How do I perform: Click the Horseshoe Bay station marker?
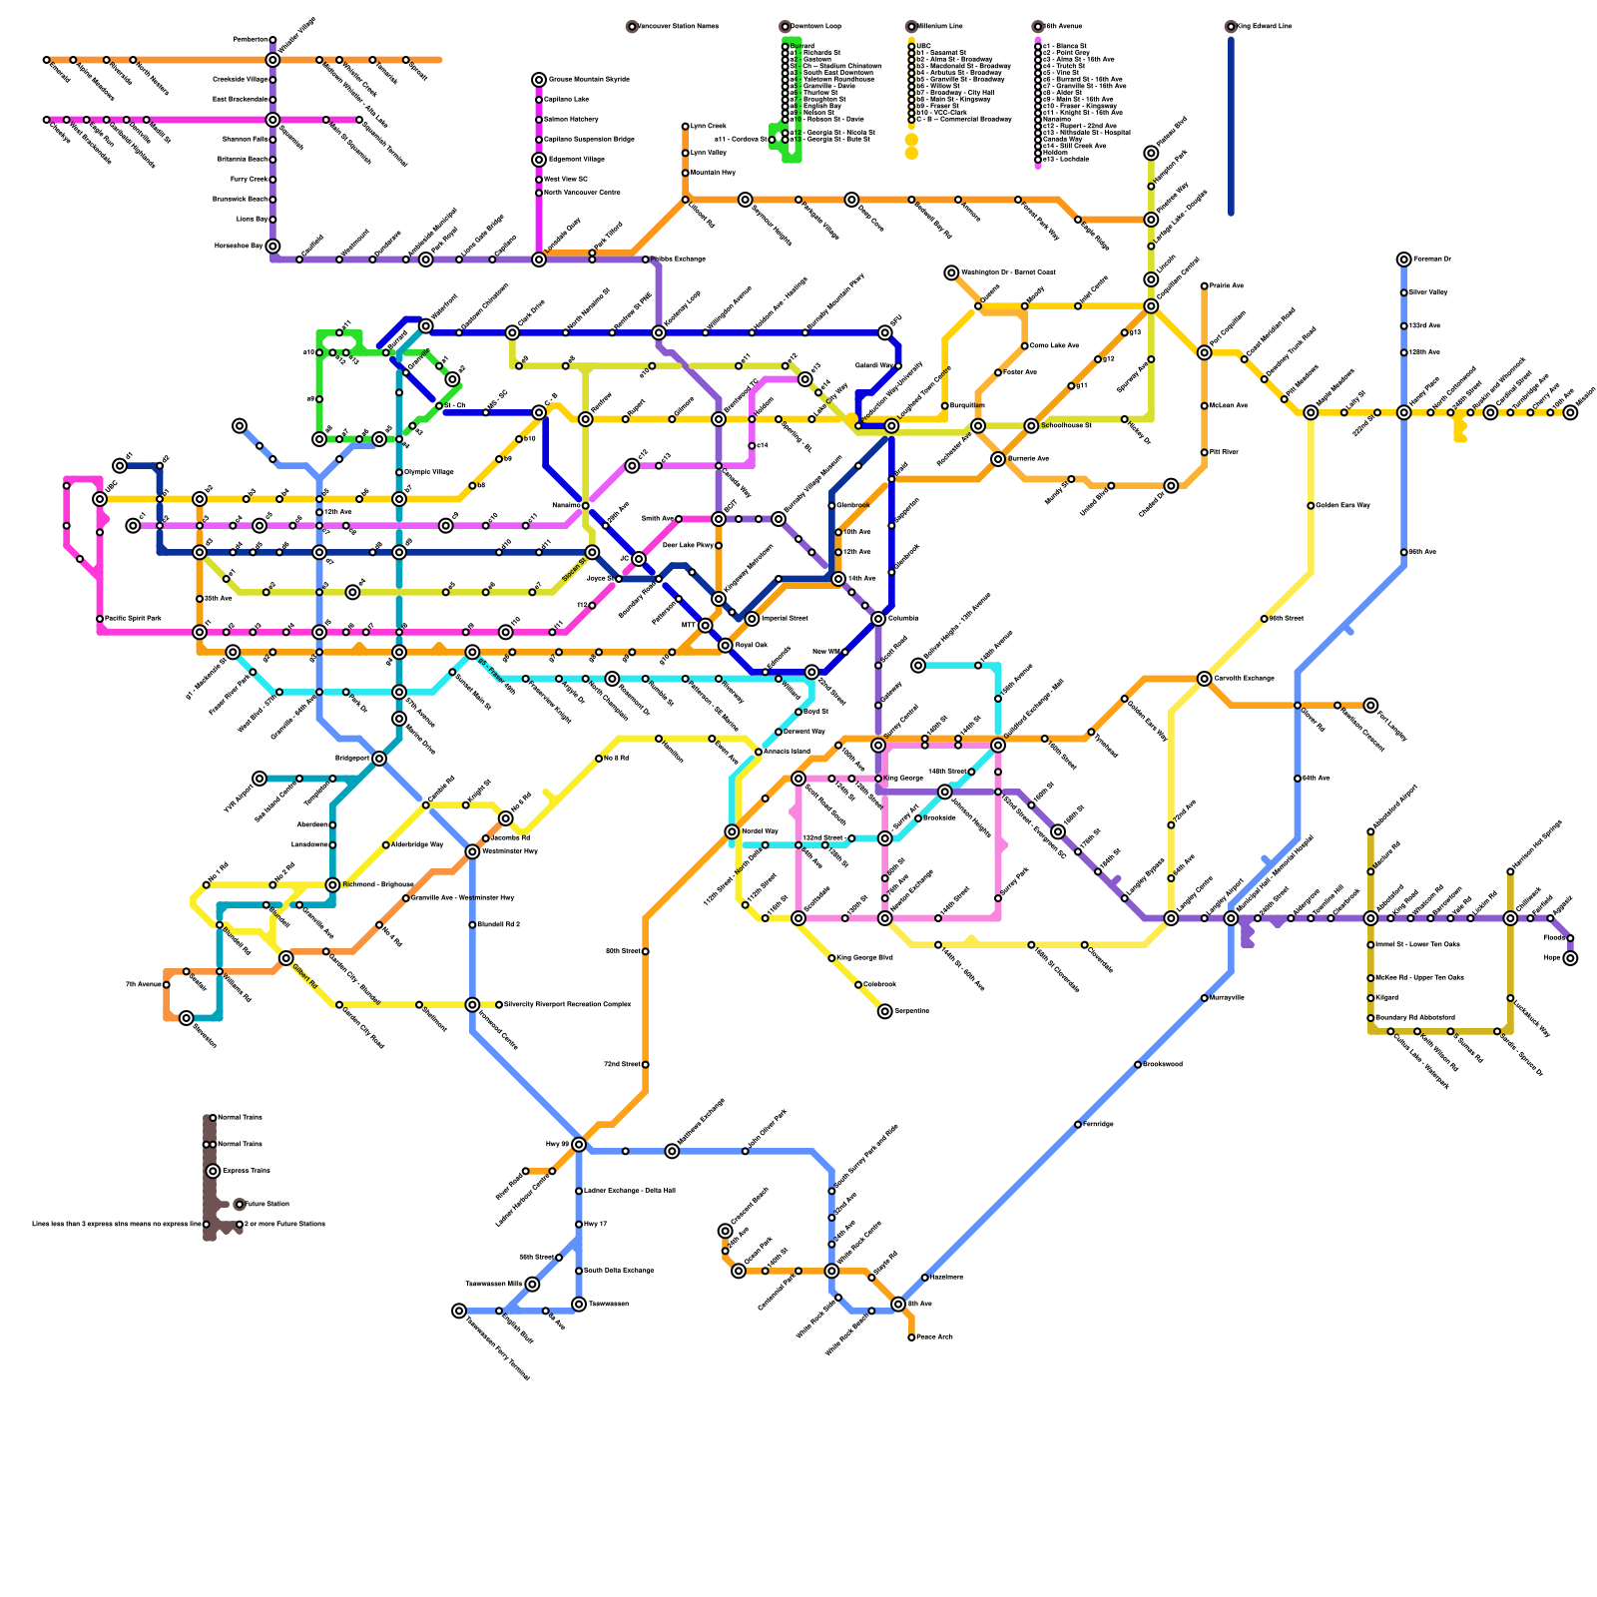(x=272, y=247)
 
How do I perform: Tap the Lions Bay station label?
(x=253, y=219)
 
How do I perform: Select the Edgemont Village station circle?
(x=539, y=160)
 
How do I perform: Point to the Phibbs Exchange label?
(x=682, y=260)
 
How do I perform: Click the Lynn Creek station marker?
(x=686, y=127)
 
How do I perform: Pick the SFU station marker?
(x=885, y=332)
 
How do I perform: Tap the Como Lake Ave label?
(x=1054, y=346)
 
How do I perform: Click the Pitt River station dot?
(x=1205, y=452)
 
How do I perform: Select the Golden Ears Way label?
(x=1342, y=506)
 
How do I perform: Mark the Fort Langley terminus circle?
(x=1370, y=706)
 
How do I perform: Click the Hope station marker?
(x=1570, y=958)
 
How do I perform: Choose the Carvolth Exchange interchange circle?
(x=1205, y=679)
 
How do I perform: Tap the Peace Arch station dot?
(x=911, y=1337)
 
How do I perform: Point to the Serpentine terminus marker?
(x=885, y=1011)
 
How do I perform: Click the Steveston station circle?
(x=187, y=1018)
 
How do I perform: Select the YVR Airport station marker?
(x=260, y=779)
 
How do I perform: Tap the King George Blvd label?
(x=864, y=958)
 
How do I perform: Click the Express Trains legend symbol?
(x=213, y=1171)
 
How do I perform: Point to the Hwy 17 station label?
(x=596, y=1224)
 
